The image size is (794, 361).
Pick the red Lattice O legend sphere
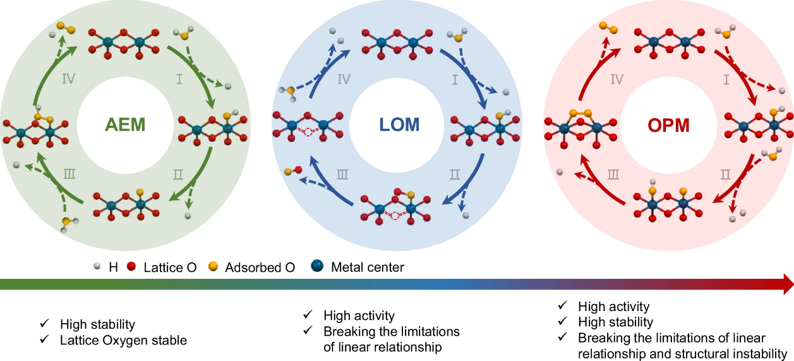[x=132, y=267]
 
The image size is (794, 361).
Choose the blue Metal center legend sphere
[x=318, y=267]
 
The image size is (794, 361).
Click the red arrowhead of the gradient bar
[x=786, y=285]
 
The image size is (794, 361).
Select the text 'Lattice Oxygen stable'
[x=123, y=340]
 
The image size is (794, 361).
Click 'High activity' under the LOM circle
[x=359, y=315]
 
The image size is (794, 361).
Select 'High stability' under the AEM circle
[x=97, y=324]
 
